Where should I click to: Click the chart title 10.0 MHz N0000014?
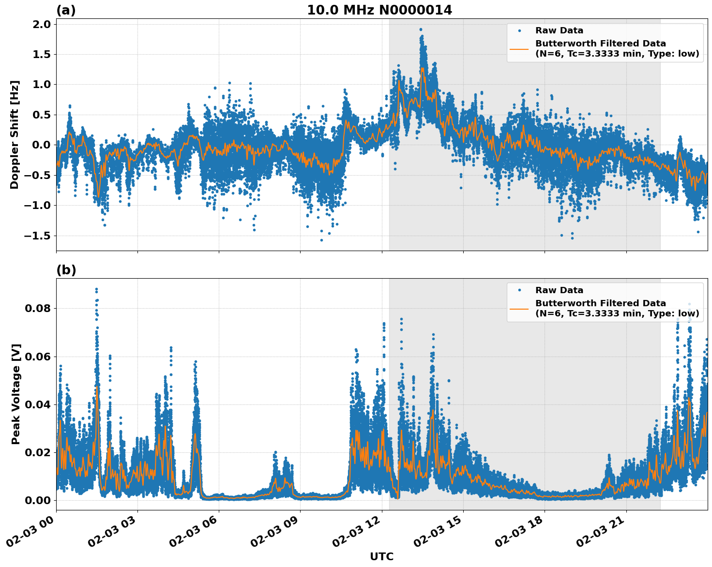coord(379,10)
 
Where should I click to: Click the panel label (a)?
coord(66,10)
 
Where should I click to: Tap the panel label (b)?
coord(66,270)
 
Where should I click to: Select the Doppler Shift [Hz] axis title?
coord(15,134)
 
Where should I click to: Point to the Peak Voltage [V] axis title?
coord(16,394)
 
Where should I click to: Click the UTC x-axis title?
coord(381,556)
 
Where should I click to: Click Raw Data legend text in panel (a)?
coord(559,30)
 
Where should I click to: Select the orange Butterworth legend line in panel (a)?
coord(519,49)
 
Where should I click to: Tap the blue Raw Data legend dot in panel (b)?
coord(519,290)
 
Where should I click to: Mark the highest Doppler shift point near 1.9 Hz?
coord(421,30)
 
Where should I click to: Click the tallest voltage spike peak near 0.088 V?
coord(96,289)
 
